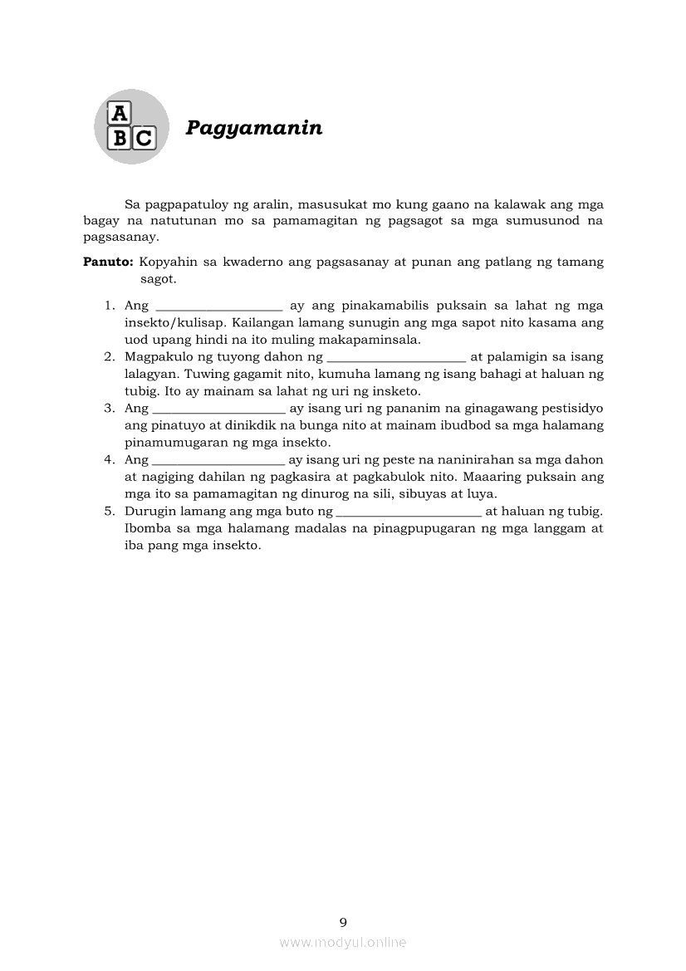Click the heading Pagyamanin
pyautogui.click(x=253, y=128)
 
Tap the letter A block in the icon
pyautogui.click(x=120, y=113)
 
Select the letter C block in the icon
pyautogui.click(x=143, y=138)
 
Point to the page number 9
pyautogui.click(x=343, y=921)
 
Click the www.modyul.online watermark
pyautogui.click(x=343, y=942)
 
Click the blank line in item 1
pyautogui.click(x=219, y=307)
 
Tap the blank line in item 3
pyautogui.click(x=219, y=410)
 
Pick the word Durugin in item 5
pyautogui.click(x=149, y=512)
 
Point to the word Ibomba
pyautogui.click(x=146, y=528)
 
